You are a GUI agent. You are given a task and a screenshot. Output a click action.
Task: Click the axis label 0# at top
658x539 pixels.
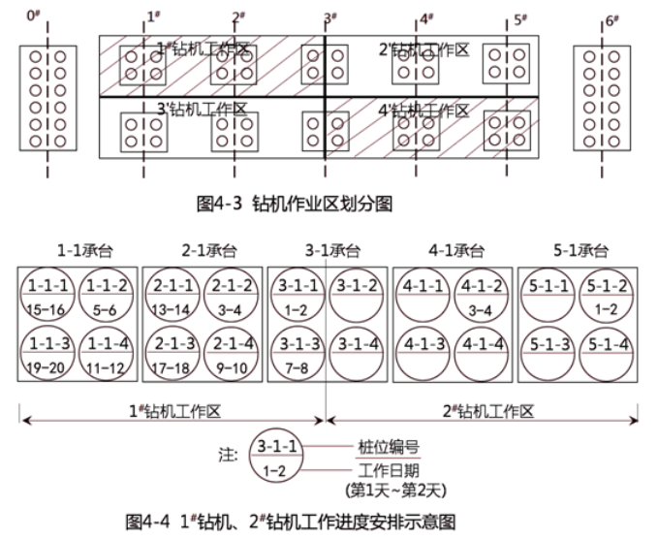35,16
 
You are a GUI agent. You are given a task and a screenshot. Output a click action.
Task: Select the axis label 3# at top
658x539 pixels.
330,18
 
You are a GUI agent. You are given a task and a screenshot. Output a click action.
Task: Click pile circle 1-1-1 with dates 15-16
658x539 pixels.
47,295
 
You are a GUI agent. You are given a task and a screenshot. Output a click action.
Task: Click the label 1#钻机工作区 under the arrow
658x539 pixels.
174,409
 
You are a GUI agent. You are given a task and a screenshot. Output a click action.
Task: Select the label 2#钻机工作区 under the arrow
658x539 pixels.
488,409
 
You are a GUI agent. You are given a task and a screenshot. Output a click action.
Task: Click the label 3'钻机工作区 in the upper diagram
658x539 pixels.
204,110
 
